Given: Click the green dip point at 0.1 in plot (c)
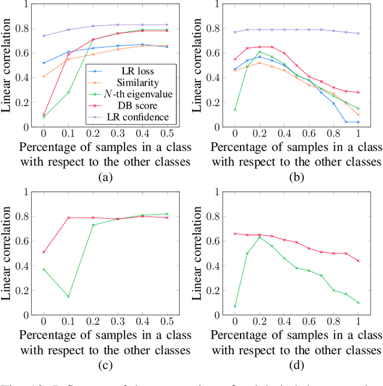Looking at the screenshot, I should (68, 296).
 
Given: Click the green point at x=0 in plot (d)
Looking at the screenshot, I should (235, 306).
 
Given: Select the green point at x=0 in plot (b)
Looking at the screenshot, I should (235, 110).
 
